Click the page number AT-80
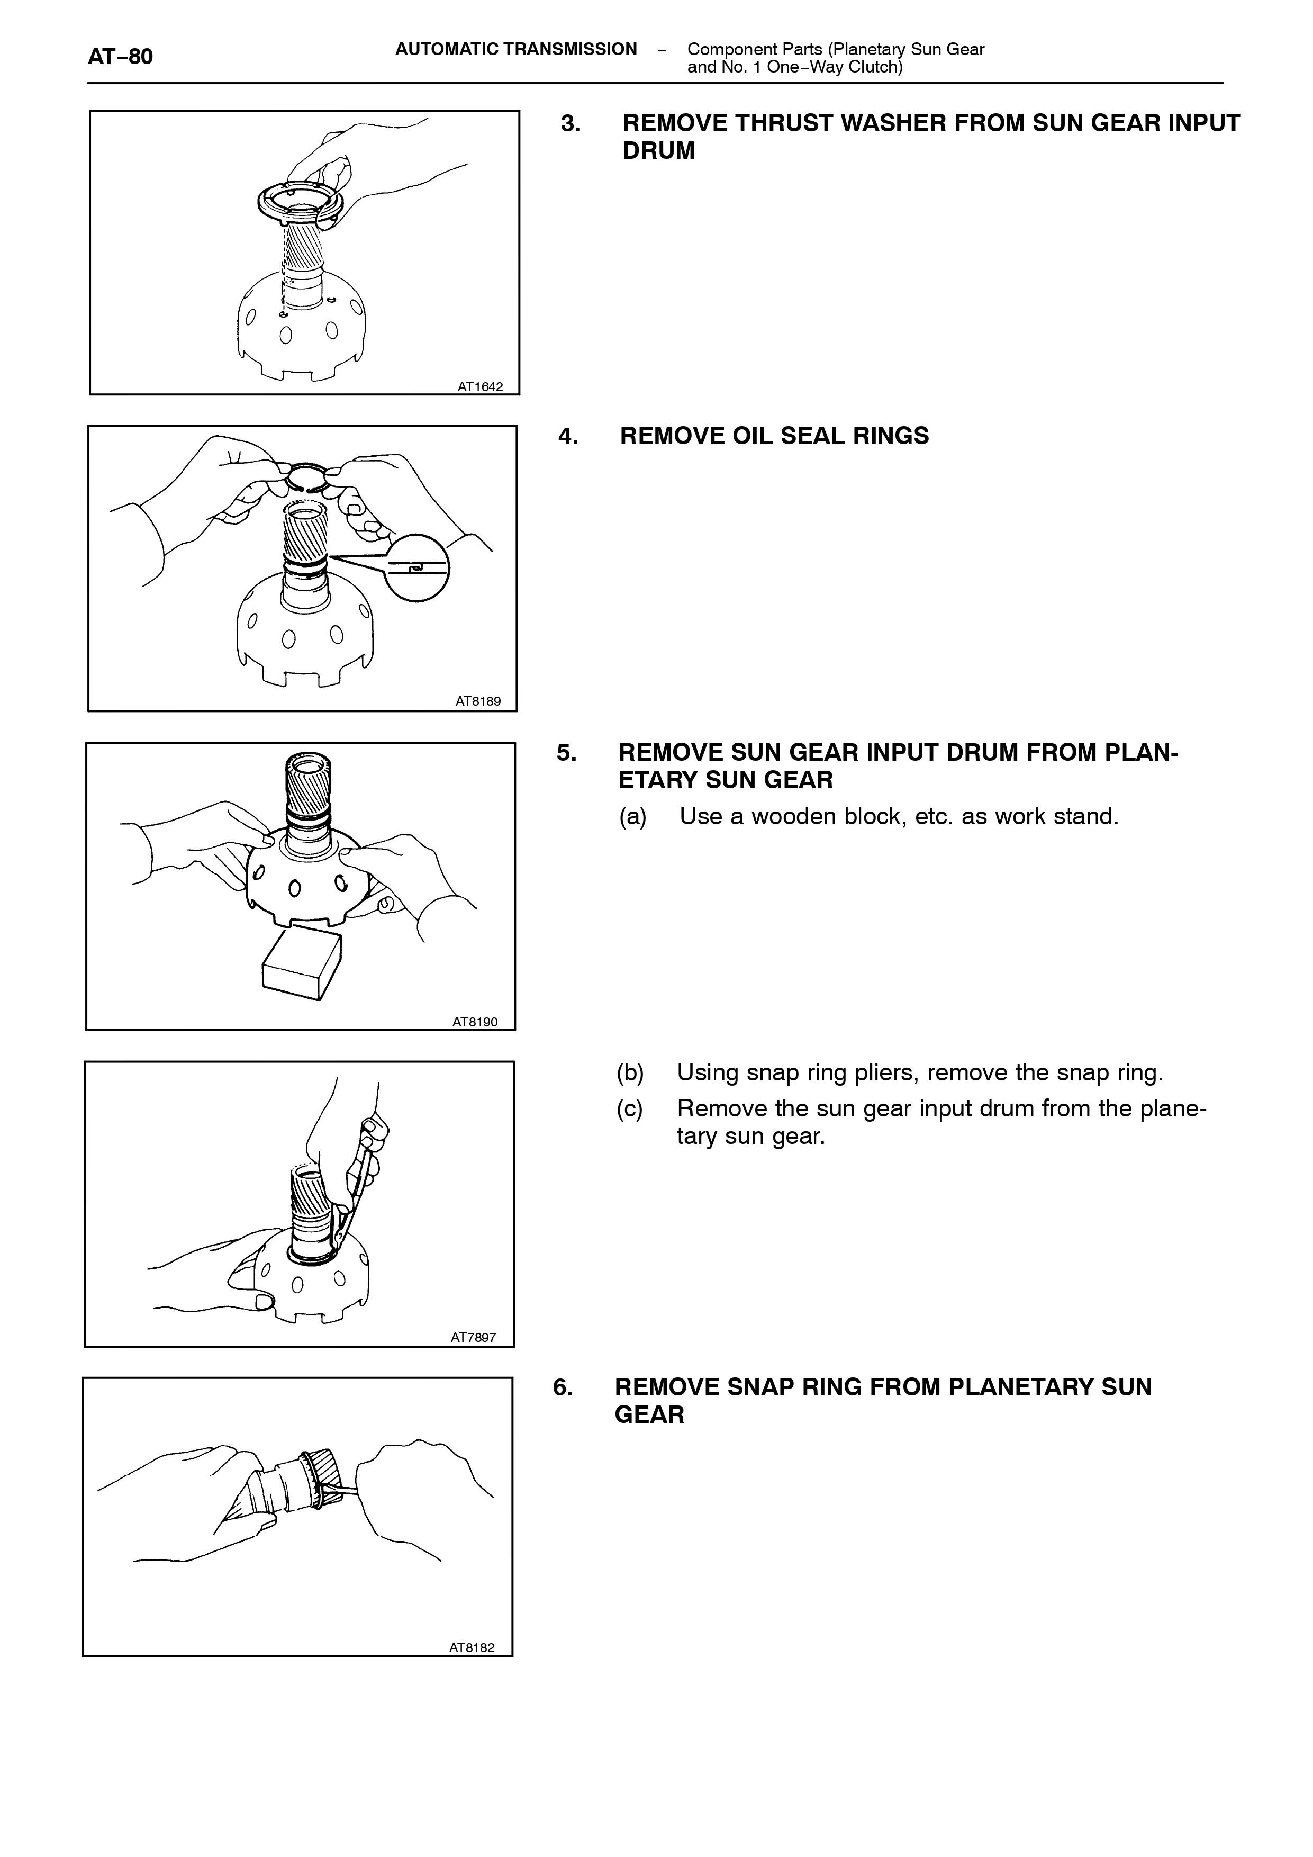(x=121, y=57)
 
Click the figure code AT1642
(x=480, y=386)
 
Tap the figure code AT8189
(x=478, y=701)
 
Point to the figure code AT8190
(x=475, y=1022)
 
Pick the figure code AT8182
(x=472, y=1647)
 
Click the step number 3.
(x=571, y=124)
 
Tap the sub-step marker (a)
(x=633, y=817)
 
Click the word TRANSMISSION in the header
(x=570, y=49)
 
